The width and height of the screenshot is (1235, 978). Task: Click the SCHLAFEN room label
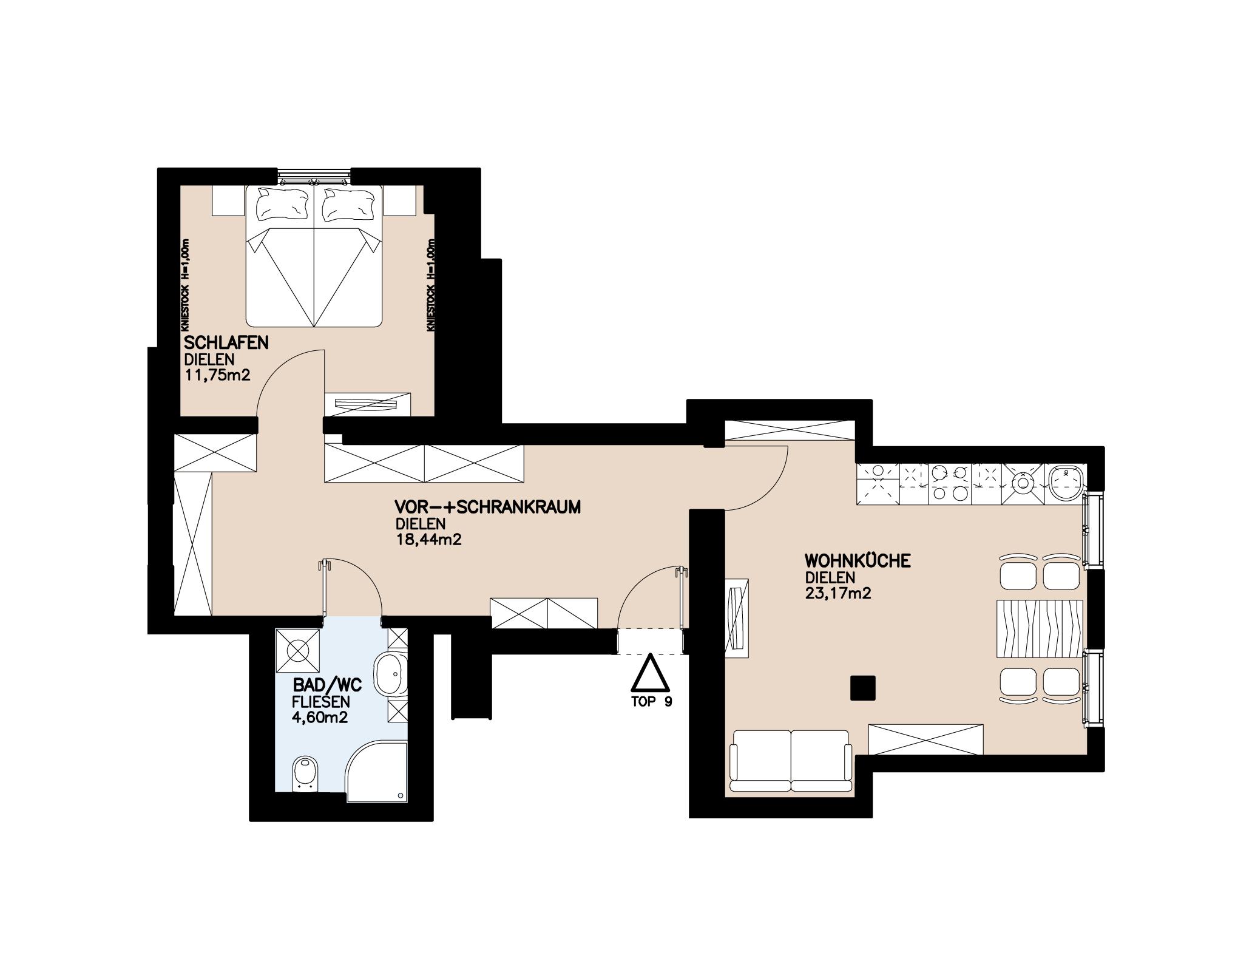[x=226, y=343]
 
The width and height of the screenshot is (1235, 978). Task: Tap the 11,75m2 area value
[x=217, y=376]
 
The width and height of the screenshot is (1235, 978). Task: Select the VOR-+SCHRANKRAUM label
[x=487, y=507]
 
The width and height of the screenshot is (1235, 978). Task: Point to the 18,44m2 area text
[x=428, y=539]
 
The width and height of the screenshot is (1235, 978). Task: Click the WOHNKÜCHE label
[x=858, y=561]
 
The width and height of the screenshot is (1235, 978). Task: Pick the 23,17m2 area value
[x=838, y=593]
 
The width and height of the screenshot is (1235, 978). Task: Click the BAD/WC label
[x=327, y=686]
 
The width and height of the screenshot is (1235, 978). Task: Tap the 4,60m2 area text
[x=320, y=718]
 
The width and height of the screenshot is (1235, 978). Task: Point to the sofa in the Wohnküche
[x=791, y=761]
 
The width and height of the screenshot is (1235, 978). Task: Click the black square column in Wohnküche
[x=862, y=688]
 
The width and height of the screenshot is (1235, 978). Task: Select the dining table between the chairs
[x=1040, y=629]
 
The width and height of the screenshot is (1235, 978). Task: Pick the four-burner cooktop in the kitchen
[x=950, y=483]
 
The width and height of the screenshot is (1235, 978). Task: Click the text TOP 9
[x=652, y=702]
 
